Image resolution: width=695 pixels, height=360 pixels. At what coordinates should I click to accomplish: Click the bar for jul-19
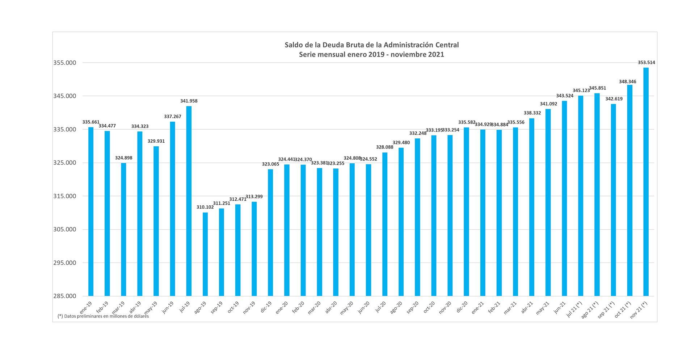[x=189, y=201]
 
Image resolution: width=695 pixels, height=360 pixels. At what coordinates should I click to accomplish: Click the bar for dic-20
[x=466, y=212]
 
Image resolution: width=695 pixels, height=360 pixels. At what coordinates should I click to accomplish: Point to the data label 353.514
[x=646, y=62]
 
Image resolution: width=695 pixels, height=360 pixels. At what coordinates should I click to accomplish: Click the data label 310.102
[x=205, y=207]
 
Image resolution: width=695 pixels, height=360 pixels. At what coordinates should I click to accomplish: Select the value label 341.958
[x=189, y=101]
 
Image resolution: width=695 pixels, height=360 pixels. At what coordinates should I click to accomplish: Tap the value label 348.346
[x=627, y=81]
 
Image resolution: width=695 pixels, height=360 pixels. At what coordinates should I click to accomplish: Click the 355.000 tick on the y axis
[x=64, y=63]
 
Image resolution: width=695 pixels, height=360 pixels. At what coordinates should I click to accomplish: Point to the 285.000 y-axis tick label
[x=64, y=296]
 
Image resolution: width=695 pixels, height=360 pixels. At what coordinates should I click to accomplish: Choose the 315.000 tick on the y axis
[x=64, y=196]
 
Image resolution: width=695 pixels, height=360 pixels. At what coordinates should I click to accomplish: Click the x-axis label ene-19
[x=85, y=307]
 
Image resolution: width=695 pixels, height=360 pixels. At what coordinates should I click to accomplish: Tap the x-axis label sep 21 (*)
[x=606, y=310]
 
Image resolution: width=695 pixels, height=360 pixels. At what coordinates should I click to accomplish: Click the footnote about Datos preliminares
[x=103, y=316]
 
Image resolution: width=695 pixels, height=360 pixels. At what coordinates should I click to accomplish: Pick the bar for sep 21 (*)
[x=613, y=200]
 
